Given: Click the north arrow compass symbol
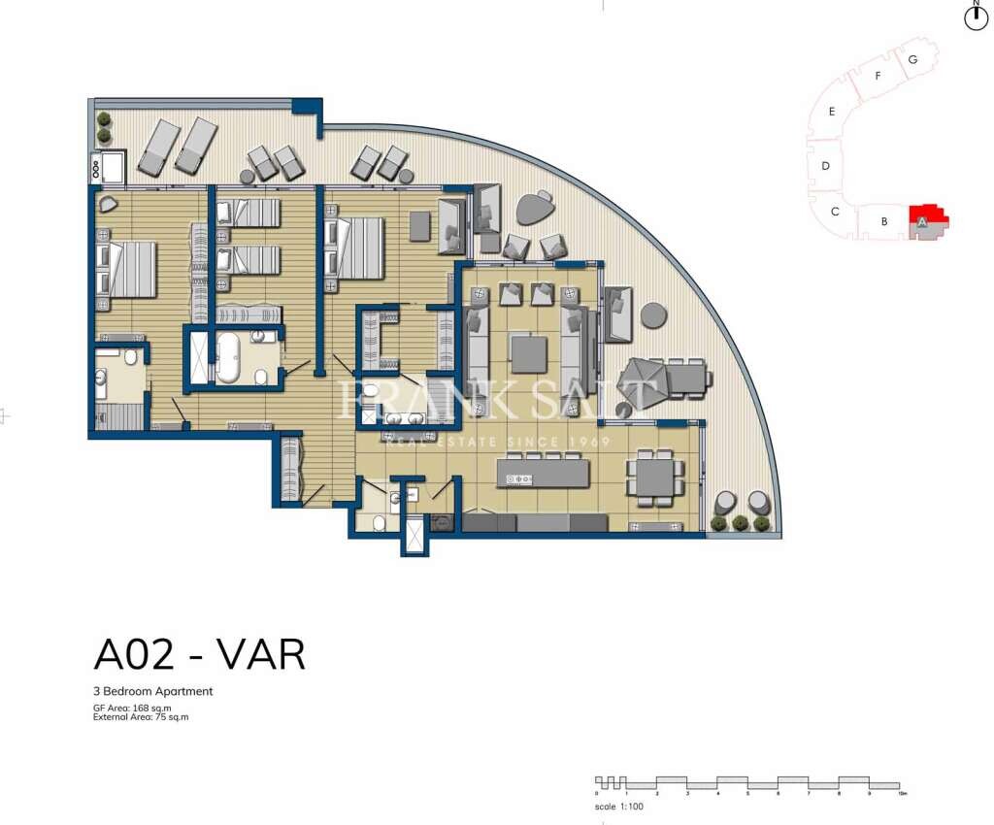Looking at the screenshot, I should tap(976, 16).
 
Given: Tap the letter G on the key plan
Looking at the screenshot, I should tap(912, 59).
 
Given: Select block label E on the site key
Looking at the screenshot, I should tap(832, 112).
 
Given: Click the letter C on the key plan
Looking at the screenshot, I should tap(835, 211).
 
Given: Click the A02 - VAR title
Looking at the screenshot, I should tap(199, 655).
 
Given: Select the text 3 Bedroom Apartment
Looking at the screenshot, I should tap(152, 692).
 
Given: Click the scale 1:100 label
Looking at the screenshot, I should tap(619, 807).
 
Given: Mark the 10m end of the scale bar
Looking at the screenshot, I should tap(903, 793).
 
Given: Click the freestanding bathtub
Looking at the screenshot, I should tap(229, 358).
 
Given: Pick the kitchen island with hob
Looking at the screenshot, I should tap(543, 474).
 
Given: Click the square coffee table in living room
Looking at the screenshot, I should tap(529, 353).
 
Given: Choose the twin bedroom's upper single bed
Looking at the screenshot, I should tap(249, 213).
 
